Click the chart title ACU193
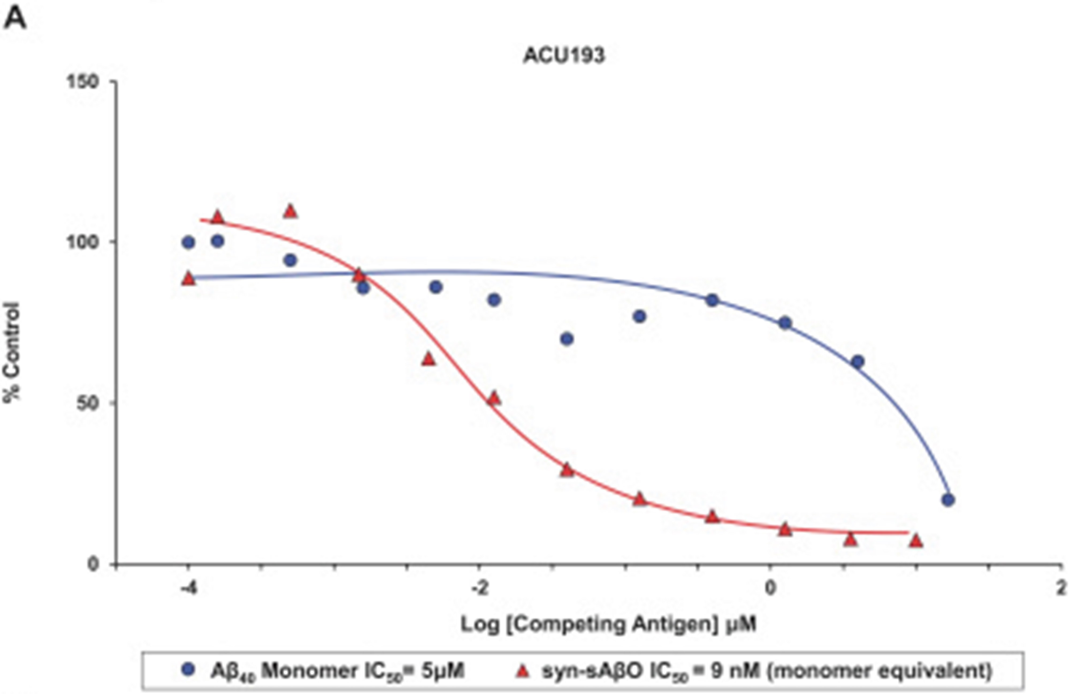(564, 56)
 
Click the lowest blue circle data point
(948, 500)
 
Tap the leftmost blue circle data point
(189, 243)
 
